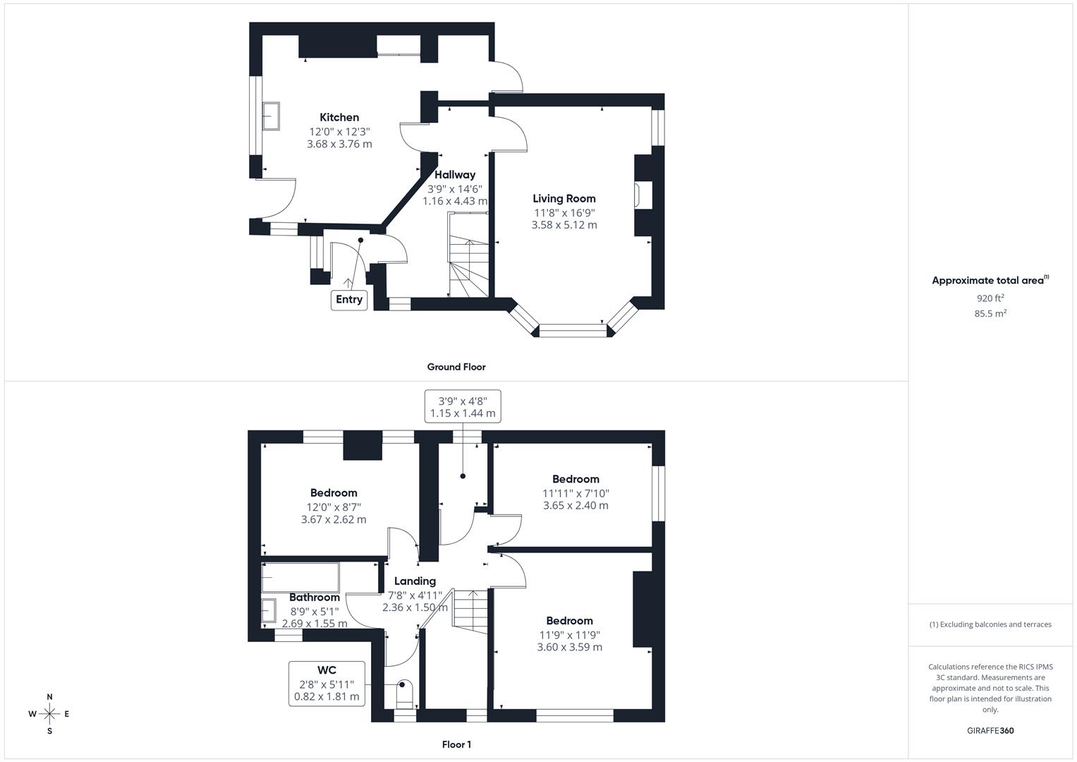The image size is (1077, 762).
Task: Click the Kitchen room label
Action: (x=339, y=118)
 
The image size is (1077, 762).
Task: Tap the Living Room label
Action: (x=564, y=199)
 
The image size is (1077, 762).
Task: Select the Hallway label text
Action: (x=455, y=175)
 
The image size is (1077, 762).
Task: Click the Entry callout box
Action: (x=349, y=299)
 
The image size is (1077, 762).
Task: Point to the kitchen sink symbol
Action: (x=271, y=116)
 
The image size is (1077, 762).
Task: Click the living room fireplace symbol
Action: (x=637, y=195)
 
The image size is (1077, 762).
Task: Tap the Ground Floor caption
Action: (x=456, y=367)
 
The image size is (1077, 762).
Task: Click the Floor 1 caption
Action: (x=456, y=744)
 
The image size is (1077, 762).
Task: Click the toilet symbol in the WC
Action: (x=404, y=694)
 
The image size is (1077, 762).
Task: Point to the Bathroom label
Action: (x=315, y=598)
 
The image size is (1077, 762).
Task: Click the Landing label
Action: (x=415, y=581)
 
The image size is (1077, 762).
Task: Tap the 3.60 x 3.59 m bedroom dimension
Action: (x=570, y=647)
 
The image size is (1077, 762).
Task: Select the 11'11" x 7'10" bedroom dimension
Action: (x=576, y=493)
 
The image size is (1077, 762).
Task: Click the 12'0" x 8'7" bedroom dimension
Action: (x=334, y=507)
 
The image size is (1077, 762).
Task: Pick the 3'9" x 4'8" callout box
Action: (x=463, y=406)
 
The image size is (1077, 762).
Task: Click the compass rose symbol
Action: (x=49, y=714)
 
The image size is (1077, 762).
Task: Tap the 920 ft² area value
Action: (x=990, y=298)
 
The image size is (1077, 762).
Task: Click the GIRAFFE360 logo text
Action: (x=990, y=731)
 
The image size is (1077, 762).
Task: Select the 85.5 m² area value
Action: (x=990, y=314)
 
